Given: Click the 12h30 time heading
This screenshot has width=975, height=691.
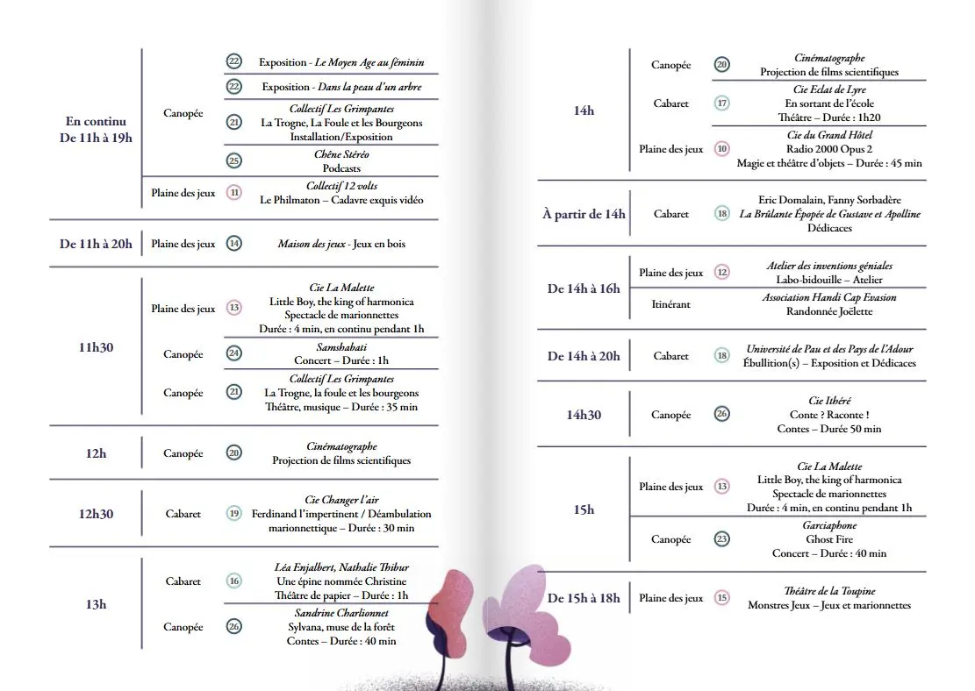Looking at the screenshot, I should coord(96,514).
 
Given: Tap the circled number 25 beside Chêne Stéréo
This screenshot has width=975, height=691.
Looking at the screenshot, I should coord(234,160).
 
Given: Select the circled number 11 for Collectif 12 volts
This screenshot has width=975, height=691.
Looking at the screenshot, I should coord(234,193).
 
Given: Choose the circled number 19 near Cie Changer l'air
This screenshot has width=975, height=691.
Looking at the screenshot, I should coord(234,514).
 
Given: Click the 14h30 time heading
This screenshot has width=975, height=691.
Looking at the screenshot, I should coord(584,415).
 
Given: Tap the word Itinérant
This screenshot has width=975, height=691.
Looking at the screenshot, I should coord(671,304).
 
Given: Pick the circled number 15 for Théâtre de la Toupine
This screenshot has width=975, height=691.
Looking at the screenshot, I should coord(722,598).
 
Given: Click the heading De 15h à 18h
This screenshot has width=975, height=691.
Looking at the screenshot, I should coord(584,598).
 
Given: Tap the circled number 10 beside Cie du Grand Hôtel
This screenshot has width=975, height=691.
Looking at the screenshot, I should coord(722,149).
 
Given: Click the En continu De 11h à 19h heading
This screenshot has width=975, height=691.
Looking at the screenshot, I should coord(96,130).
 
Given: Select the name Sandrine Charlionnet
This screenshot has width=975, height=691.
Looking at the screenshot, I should coord(341,613).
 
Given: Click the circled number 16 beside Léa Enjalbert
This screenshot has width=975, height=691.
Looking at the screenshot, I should coord(234,581).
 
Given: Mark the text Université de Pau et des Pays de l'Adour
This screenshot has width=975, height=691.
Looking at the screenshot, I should coord(829,349).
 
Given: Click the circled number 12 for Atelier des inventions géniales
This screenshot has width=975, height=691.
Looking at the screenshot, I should coord(722,273).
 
